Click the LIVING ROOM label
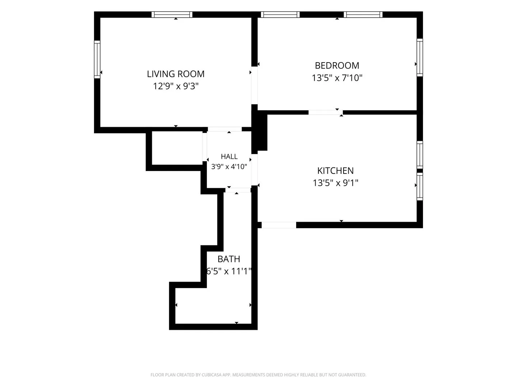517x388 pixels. pyautogui.click(x=176, y=74)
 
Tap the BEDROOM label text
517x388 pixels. pyautogui.click(x=337, y=65)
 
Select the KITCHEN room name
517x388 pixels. pyautogui.click(x=335, y=171)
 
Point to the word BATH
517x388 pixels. pyautogui.click(x=229, y=259)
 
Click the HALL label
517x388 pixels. pyautogui.click(x=229, y=156)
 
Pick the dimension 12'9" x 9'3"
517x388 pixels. pyautogui.click(x=176, y=86)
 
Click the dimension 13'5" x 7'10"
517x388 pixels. pyautogui.click(x=337, y=78)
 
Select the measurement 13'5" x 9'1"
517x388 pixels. pyautogui.click(x=335, y=183)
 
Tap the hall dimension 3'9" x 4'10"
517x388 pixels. pyautogui.click(x=229, y=167)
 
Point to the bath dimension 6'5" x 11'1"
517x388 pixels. pyautogui.click(x=229, y=271)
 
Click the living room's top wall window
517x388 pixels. pyautogui.click(x=172, y=15)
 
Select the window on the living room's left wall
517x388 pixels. pyautogui.click(x=97, y=59)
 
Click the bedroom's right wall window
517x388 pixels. pyautogui.click(x=420, y=57)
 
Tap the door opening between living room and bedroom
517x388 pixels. pyautogui.click(x=255, y=85)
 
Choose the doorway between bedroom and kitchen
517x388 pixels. pyautogui.click(x=326, y=112)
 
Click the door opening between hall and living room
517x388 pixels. pyautogui.click(x=225, y=129)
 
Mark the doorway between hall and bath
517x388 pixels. pyautogui.click(x=238, y=190)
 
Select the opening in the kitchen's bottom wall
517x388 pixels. pyautogui.click(x=279, y=225)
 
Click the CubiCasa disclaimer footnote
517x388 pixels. pyautogui.click(x=258, y=375)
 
